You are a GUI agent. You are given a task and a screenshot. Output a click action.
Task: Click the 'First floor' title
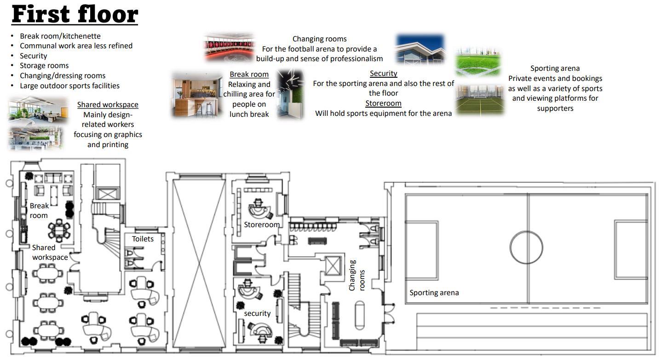click(x=75, y=14)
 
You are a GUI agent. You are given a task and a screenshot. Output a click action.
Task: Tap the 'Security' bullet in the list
click(x=33, y=56)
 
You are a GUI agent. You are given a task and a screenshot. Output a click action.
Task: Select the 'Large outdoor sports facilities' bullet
click(x=69, y=86)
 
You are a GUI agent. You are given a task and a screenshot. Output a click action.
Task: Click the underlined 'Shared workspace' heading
click(x=108, y=105)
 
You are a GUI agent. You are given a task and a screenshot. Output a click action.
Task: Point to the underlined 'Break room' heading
click(x=249, y=74)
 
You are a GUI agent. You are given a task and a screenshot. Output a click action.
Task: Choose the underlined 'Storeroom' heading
click(x=383, y=103)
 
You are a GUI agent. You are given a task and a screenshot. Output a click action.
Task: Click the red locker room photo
click(x=229, y=47)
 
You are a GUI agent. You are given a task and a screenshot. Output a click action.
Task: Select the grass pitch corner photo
click(x=478, y=62)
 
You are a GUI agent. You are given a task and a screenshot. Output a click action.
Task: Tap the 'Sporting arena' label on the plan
click(x=434, y=293)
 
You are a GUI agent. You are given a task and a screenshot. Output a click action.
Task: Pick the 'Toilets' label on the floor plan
click(x=143, y=239)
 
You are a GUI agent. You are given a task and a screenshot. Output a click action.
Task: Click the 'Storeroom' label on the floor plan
click(x=261, y=225)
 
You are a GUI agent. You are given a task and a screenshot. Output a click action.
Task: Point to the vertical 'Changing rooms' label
click(x=357, y=275)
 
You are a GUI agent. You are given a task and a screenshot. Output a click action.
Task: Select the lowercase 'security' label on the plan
click(x=257, y=314)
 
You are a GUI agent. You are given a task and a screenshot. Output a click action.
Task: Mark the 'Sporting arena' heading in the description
click(x=555, y=69)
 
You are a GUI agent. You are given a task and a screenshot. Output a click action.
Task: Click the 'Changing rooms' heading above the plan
click(x=319, y=39)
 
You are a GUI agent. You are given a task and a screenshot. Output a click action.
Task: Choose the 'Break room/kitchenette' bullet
click(x=60, y=36)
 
